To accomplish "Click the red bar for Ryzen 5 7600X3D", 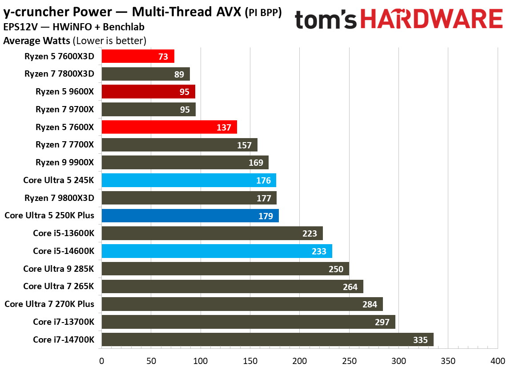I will (x=137, y=56).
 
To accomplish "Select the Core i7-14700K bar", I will (x=267, y=339).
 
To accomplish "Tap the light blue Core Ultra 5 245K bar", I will (x=189, y=180).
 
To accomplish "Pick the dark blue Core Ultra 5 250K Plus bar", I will (x=190, y=216).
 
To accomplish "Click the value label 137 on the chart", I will (x=224, y=127).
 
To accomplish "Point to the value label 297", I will (x=382, y=322).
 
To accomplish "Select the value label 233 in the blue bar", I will (x=319, y=251).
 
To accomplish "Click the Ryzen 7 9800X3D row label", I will (x=60, y=197).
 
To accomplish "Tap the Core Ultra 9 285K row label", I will (x=59, y=269).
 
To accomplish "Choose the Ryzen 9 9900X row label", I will (x=65, y=162).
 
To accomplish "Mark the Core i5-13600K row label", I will (x=64, y=233).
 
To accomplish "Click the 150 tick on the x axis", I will (x=250, y=360).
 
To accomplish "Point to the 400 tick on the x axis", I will (x=498, y=360).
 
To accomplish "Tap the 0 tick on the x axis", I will (x=101, y=360).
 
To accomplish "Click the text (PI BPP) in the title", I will (x=263, y=13).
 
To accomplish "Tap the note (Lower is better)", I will (x=109, y=41).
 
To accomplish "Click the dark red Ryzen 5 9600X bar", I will (x=148, y=92).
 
